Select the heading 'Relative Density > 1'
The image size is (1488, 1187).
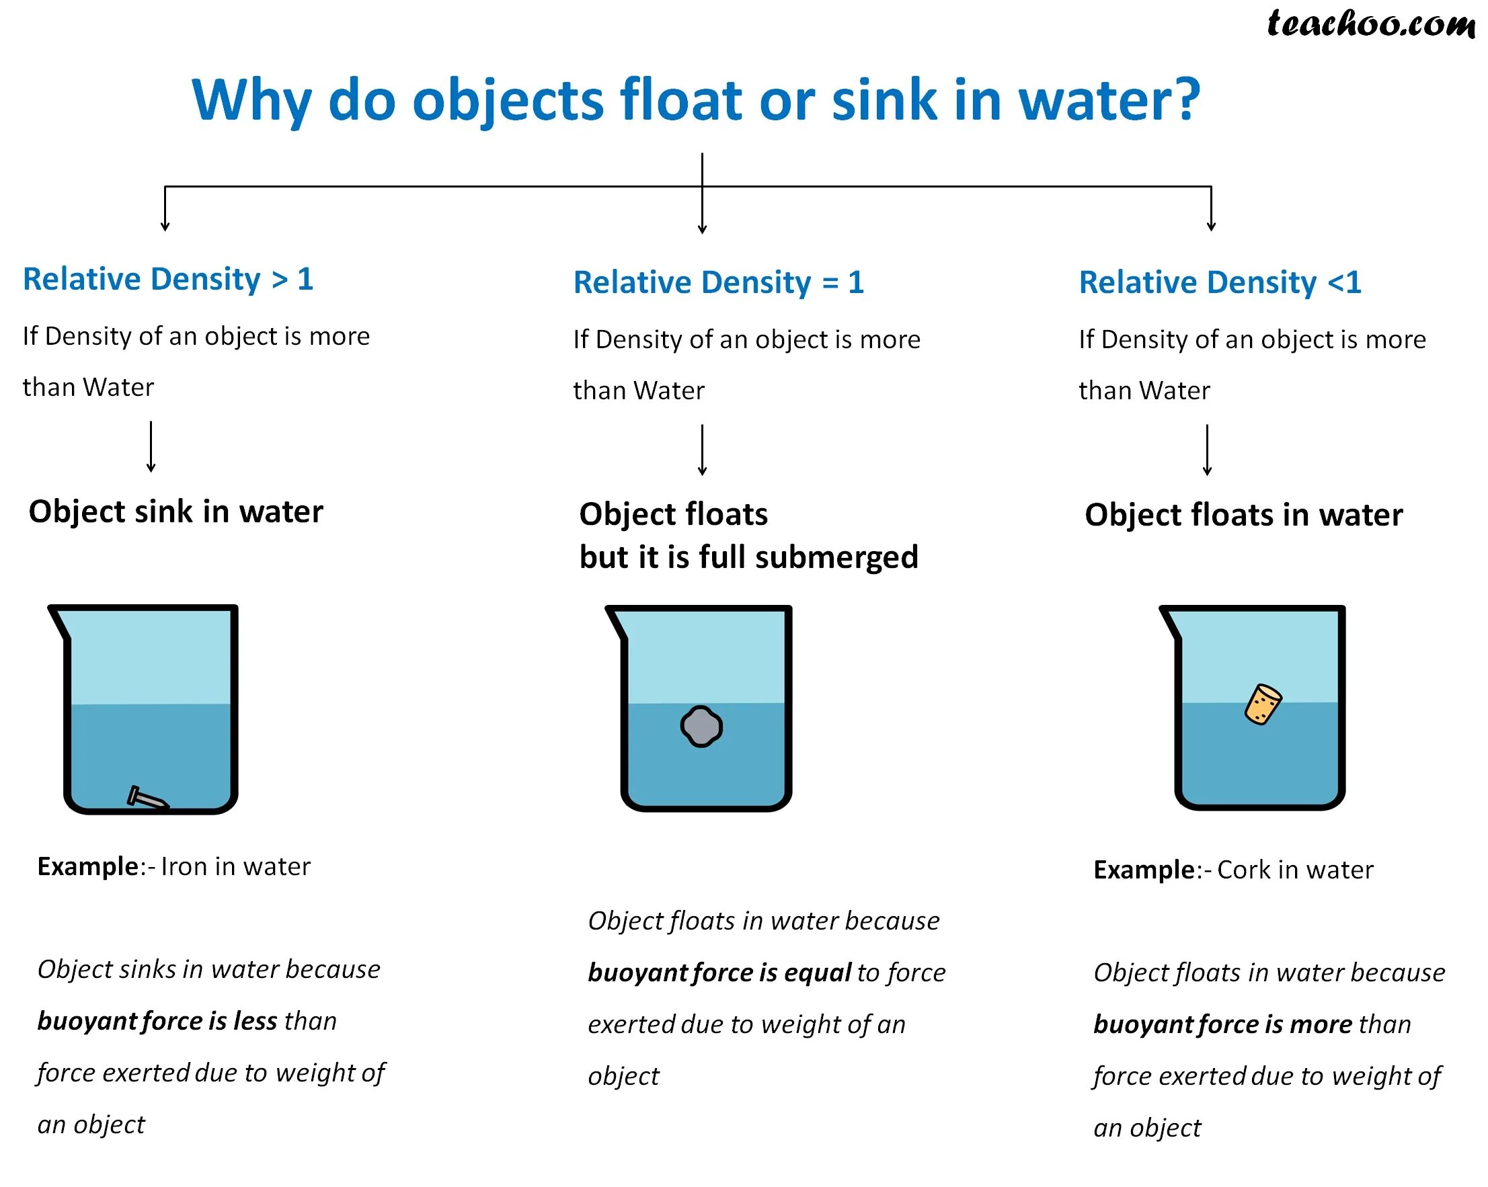(168, 280)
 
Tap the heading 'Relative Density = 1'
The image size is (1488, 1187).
(719, 283)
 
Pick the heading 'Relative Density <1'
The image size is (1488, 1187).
(1220, 283)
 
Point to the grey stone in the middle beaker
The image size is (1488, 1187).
(701, 727)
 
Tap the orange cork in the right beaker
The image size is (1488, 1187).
(1262, 704)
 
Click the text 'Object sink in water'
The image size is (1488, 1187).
(176, 511)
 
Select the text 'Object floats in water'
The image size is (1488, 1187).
(1243, 516)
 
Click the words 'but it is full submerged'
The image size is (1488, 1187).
(749, 557)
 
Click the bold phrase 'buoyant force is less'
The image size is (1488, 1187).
(157, 1022)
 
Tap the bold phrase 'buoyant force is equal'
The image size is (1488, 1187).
(719, 973)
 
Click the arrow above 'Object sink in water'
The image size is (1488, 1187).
(151, 446)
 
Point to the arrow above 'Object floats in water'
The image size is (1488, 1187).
(1207, 450)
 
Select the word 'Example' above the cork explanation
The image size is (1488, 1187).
(1144, 870)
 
